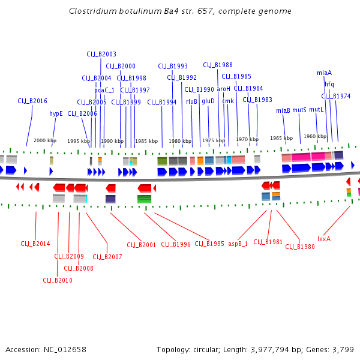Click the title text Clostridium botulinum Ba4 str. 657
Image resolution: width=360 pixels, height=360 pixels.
click(180, 11)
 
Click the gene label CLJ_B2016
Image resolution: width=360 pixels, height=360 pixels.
click(32, 101)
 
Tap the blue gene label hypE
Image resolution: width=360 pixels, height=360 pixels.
click(56, 113)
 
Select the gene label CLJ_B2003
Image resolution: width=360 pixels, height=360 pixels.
click(101, 54)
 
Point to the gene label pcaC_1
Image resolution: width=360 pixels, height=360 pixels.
click(104, 90)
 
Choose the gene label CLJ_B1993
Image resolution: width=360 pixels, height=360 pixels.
click(173, 66)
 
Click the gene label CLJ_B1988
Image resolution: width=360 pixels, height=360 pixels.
click(218, 65)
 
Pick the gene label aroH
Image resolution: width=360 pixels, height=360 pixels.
click(223, 89)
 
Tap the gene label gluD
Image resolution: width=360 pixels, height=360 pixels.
click(208, 101)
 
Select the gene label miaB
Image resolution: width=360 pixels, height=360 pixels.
click(283, 110)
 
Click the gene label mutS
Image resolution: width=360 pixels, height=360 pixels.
click(299, 110)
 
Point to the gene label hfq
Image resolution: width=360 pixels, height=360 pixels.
click(329, 84)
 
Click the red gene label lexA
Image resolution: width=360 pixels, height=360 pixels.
click(324, 238)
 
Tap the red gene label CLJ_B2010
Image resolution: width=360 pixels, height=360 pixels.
click(58, 280)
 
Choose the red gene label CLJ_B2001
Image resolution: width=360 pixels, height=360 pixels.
click(141, 245)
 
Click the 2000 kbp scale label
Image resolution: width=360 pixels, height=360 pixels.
click(44, 140)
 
